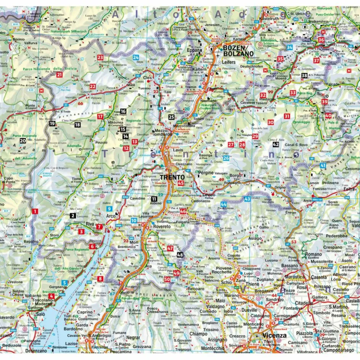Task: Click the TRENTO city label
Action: click(172, 177)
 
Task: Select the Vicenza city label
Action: click(274, 336)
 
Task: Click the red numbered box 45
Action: click(181, 183)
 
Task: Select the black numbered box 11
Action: click(154, 199)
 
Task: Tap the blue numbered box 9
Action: click(109, 209)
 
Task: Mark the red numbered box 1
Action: click(35, 211)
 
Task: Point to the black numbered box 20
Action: click(23, 141)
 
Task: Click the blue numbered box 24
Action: click(135, 58)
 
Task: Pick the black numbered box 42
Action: click(276, 145)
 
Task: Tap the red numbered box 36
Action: click(321, 40)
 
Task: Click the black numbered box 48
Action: click(180, 255)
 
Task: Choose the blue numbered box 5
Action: click(65, 283)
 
